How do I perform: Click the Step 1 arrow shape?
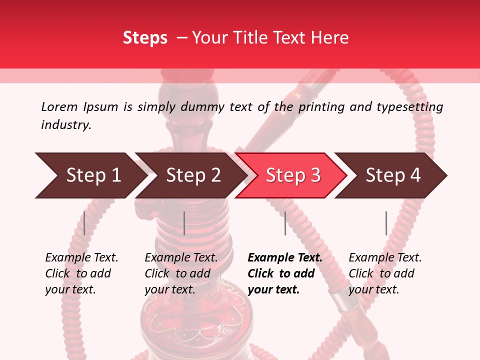point(90,175)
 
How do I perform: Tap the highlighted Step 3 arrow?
point(292,175)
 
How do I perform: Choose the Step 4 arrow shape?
point(392,175)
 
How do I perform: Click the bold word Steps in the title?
point(145,38)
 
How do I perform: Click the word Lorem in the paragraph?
point(59,106)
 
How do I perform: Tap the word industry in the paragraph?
point(66,124)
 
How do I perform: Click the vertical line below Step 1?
point(84,223)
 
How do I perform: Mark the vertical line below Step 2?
point(184,223)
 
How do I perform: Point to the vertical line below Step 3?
point(285,223)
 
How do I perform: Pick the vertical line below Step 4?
point(386,223)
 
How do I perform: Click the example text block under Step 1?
point(81,273)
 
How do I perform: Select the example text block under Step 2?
point(181,273)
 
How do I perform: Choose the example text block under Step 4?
point(385,273)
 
